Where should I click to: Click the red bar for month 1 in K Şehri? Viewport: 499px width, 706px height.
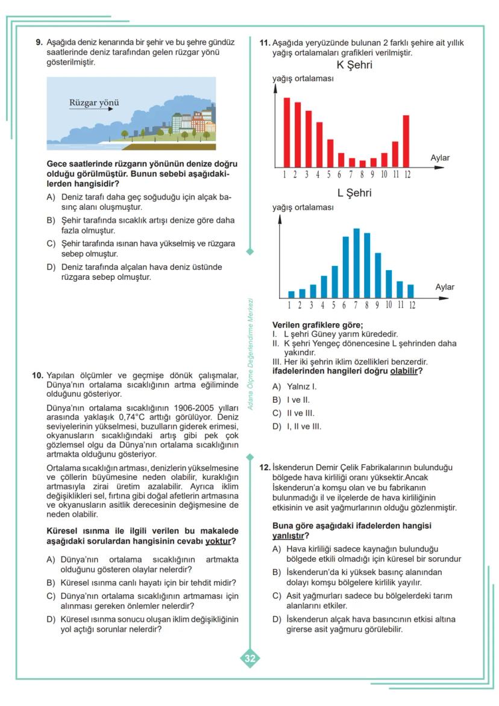click(x=287, y=133)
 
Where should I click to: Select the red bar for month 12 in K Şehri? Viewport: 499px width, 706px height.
click(x=406, y=141)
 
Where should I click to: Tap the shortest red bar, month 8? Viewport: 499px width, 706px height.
click(x=362, y=163)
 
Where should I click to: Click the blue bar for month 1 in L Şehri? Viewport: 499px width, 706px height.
click(x=292, y=295)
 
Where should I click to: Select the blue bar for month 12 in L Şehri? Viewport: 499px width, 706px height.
click(x=411, y=291)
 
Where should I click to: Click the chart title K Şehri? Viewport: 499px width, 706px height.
click(x=354, y=65)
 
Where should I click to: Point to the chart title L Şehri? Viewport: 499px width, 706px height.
click(x=354, y=193)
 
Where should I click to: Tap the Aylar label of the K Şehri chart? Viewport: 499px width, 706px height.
click(x=440, y=158)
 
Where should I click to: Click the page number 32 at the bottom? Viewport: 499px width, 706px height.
click(x=249, y=658)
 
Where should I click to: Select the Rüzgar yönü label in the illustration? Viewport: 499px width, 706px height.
click(x=94, y=102)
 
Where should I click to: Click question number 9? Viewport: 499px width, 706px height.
click(x=39, y=43)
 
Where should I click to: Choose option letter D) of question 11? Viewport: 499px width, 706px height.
click(x=277, y=426)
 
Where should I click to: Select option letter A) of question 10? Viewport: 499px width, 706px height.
click(x=51, y=559)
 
